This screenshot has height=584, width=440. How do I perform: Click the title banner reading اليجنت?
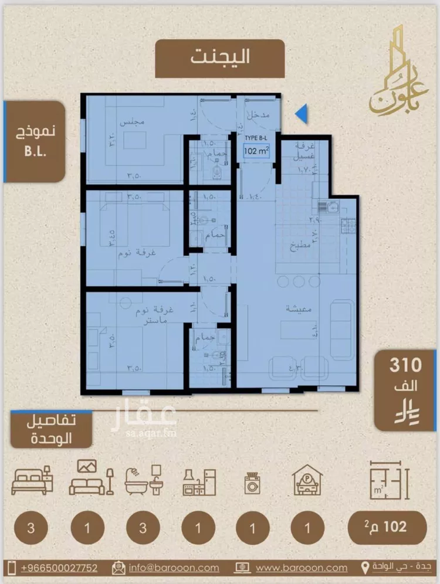click(219, 57)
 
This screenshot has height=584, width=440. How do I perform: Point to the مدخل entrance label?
click(258, 116)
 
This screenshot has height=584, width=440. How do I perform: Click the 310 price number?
click(405, 365)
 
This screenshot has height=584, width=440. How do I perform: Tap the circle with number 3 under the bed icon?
click(30, 527)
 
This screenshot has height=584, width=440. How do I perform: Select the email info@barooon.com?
click(174, 568)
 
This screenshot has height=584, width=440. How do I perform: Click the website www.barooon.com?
click(293, 568)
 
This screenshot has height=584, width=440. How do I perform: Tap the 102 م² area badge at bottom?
click(385, 527)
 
